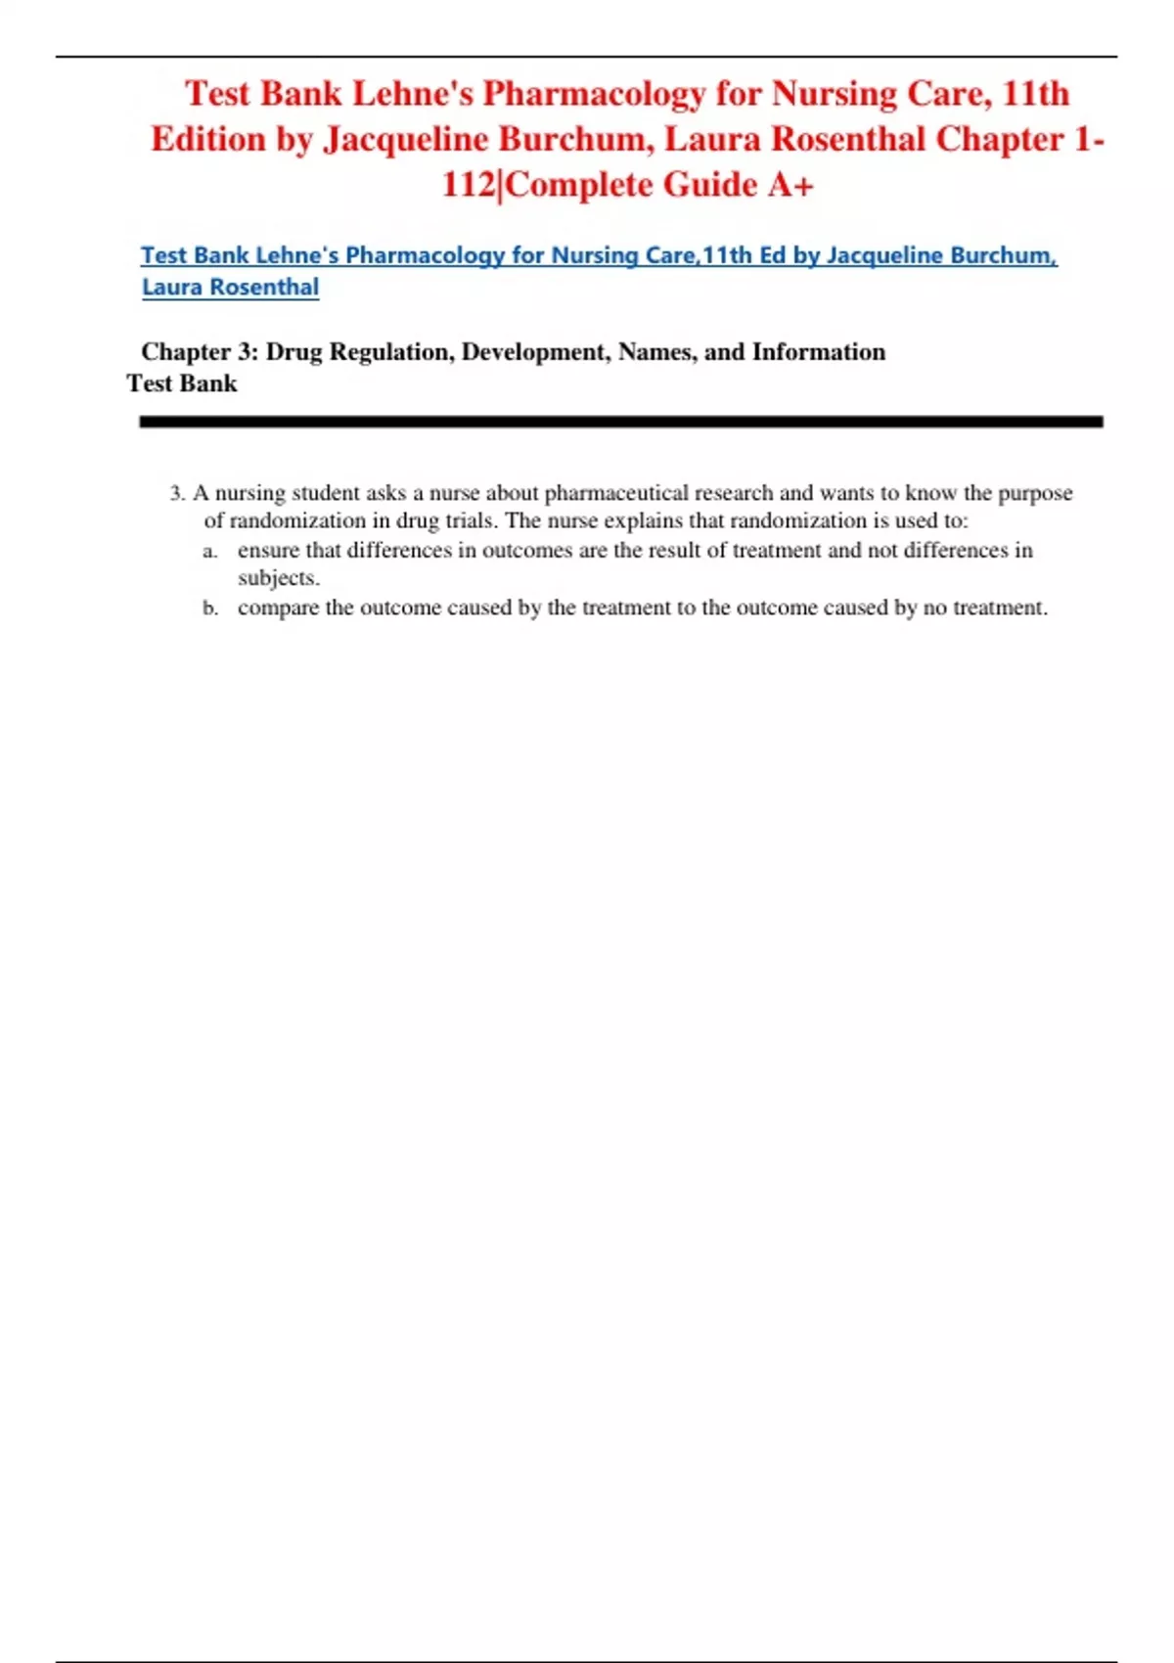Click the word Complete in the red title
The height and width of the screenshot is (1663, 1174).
(578, 185)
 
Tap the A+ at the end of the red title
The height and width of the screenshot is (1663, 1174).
(790, 185)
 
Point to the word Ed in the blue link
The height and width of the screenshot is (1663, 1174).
(772, 255)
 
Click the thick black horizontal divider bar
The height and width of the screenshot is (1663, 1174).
(620, 422)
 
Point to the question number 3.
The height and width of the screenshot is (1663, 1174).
(176, 493)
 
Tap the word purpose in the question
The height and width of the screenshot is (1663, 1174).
(1035, 493)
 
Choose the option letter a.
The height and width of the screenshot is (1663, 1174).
(209, 551)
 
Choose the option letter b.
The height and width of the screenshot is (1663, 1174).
(209, 608)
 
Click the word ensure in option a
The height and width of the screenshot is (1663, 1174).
(268, 551)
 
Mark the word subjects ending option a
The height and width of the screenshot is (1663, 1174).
(278, 578)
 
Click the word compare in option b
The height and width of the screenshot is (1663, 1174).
(278, 608)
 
